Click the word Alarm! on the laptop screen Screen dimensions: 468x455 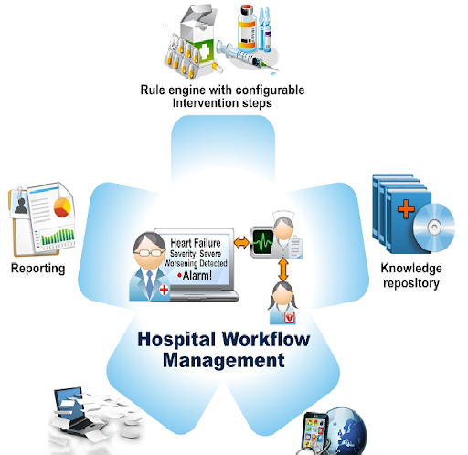[197, 276]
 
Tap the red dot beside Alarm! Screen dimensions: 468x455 [179, 276]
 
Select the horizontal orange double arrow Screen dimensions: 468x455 [241, 243]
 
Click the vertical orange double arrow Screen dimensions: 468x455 [283, 270]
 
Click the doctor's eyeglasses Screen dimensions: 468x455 [148, 252]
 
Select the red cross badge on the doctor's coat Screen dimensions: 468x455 [164, 290]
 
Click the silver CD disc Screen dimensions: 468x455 [434, 227]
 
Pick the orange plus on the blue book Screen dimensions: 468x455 [406, 209]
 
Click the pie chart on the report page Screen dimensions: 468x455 [62, 207]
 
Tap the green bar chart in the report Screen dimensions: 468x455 [58, 237]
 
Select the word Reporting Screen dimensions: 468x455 [38, 269]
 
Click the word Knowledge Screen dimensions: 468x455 [411, 268]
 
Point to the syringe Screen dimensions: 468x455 [247, 58]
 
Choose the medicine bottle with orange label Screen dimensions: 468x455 [247, 28]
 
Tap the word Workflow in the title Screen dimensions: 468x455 [266, 339]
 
